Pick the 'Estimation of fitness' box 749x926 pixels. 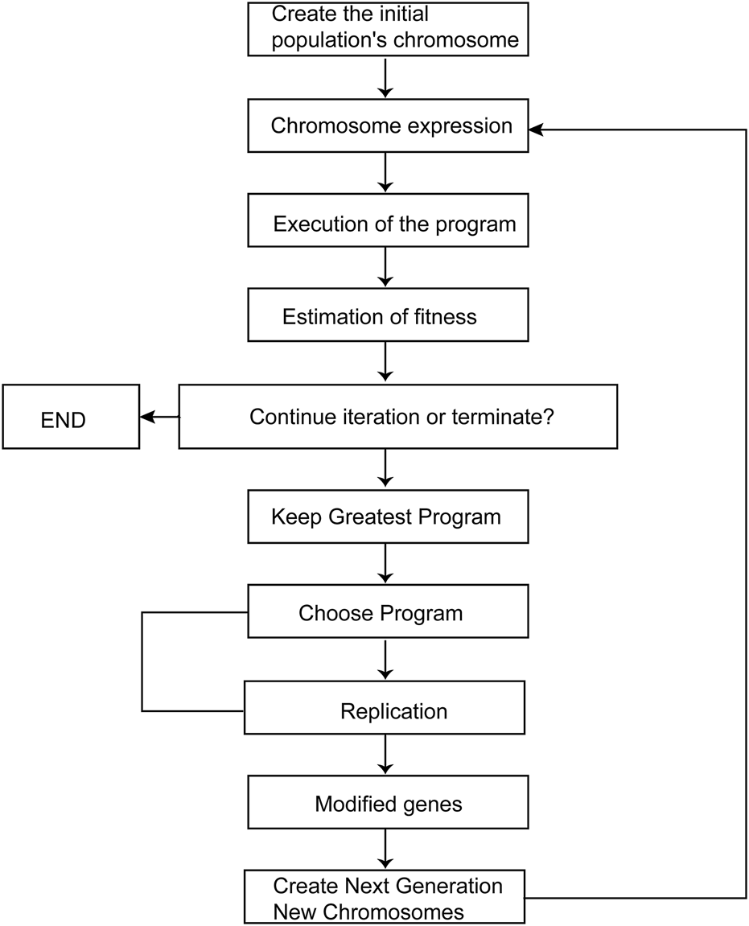[x=388, y=316]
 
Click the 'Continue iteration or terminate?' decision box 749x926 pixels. [x=397, y=417]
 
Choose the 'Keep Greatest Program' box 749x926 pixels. [x=388, y=517]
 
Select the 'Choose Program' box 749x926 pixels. [x=388, y=613]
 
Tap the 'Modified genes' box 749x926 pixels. [x=388, y=803]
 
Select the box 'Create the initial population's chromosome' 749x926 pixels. [x=388, y=29]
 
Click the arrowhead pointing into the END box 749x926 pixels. [x=147, y=417]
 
